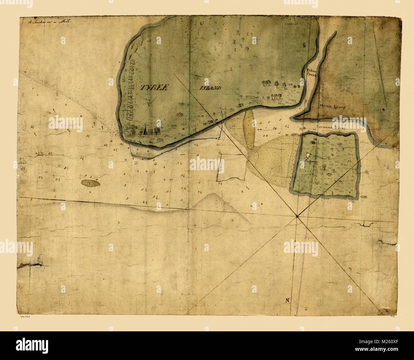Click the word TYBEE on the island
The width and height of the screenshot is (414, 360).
[153, 88]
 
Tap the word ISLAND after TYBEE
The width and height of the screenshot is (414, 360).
[211, 88]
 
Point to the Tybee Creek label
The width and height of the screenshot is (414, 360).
[311, 72]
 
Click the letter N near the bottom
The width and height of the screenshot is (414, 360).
[287, 300]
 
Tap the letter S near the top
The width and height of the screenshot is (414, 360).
[304, 46]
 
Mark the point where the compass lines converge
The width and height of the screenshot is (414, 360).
[297, 217]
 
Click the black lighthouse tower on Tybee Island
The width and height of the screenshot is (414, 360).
[145, 130]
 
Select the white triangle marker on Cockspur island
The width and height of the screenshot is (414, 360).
[308, 155]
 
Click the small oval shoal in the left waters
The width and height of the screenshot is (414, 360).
[90, 183]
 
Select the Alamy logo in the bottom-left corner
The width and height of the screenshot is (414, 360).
[32, 346]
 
